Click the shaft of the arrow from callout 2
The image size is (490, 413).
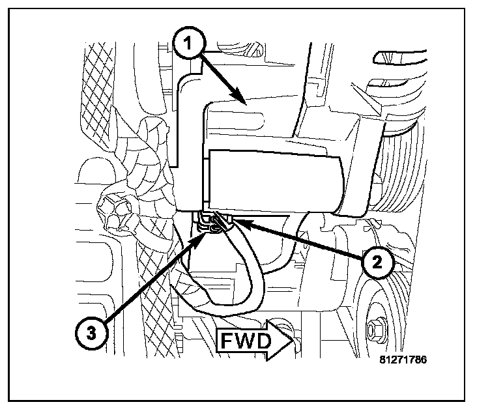click(x=300, y=241)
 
